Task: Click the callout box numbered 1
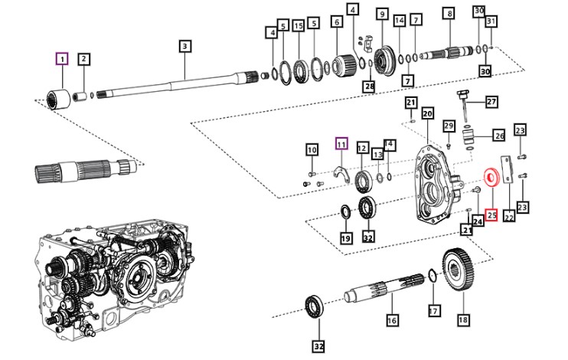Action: coord(62,59)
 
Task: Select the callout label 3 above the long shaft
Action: coord(184,47)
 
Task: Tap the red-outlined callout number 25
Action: coord(491,215)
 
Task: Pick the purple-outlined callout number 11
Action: coord(341,144)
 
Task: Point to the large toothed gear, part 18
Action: coord(458,270)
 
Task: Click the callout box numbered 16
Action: coord(392,320)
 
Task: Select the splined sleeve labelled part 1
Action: coord(59,98)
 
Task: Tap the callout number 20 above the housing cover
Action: coord(427,114)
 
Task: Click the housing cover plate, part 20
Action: coord(435,185)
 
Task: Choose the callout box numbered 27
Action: coord(491,102)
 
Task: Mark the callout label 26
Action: coord(500,136)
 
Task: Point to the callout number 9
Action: coord(382,15)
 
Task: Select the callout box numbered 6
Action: coord(337,21)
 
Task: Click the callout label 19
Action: coord(346,238)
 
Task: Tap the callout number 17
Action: coord(433,311)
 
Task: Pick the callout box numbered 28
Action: coord(370,87)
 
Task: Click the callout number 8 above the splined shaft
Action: coord(449,14)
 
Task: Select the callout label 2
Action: coord(84,59)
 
